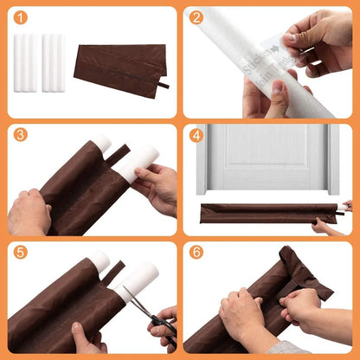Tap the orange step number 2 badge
tap(196, 17)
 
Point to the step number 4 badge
tap(196, 134)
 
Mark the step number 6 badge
tap(196, 252)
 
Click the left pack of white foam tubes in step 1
tap(27, 63)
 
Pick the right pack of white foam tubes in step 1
tap(54, 63)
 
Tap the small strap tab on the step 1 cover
tap(162, 85)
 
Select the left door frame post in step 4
tap(201, 160)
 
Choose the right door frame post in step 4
tap(333, 160)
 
